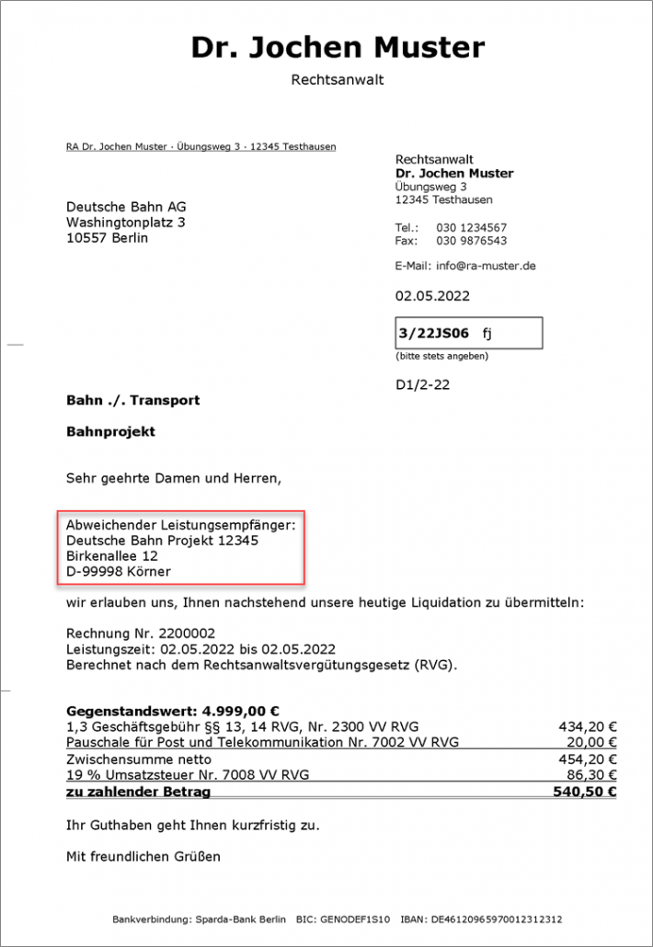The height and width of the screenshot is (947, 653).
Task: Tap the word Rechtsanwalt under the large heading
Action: pyautogui.click(x=338, y=80)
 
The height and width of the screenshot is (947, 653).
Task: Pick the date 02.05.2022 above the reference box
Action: pyautogui.click(x=432, y=296)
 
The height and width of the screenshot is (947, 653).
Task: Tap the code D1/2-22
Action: pyautogui.click(x=423, y=385)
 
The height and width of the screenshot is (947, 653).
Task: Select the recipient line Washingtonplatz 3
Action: pyautogui.click(x=125, y=222)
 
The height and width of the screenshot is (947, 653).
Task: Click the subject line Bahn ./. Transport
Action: pyautogui.click(x=132, y=401)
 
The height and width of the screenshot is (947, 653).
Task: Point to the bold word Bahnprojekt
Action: pyautogui.click(x=110, y=431)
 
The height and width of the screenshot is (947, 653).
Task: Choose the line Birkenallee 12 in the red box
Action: pyautogui.click(x=112, y=556)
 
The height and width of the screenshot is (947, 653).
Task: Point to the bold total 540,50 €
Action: pyautogui.click(x=586, y=792)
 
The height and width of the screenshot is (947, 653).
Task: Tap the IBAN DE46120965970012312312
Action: pyautogui.click(x=494, y=919)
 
